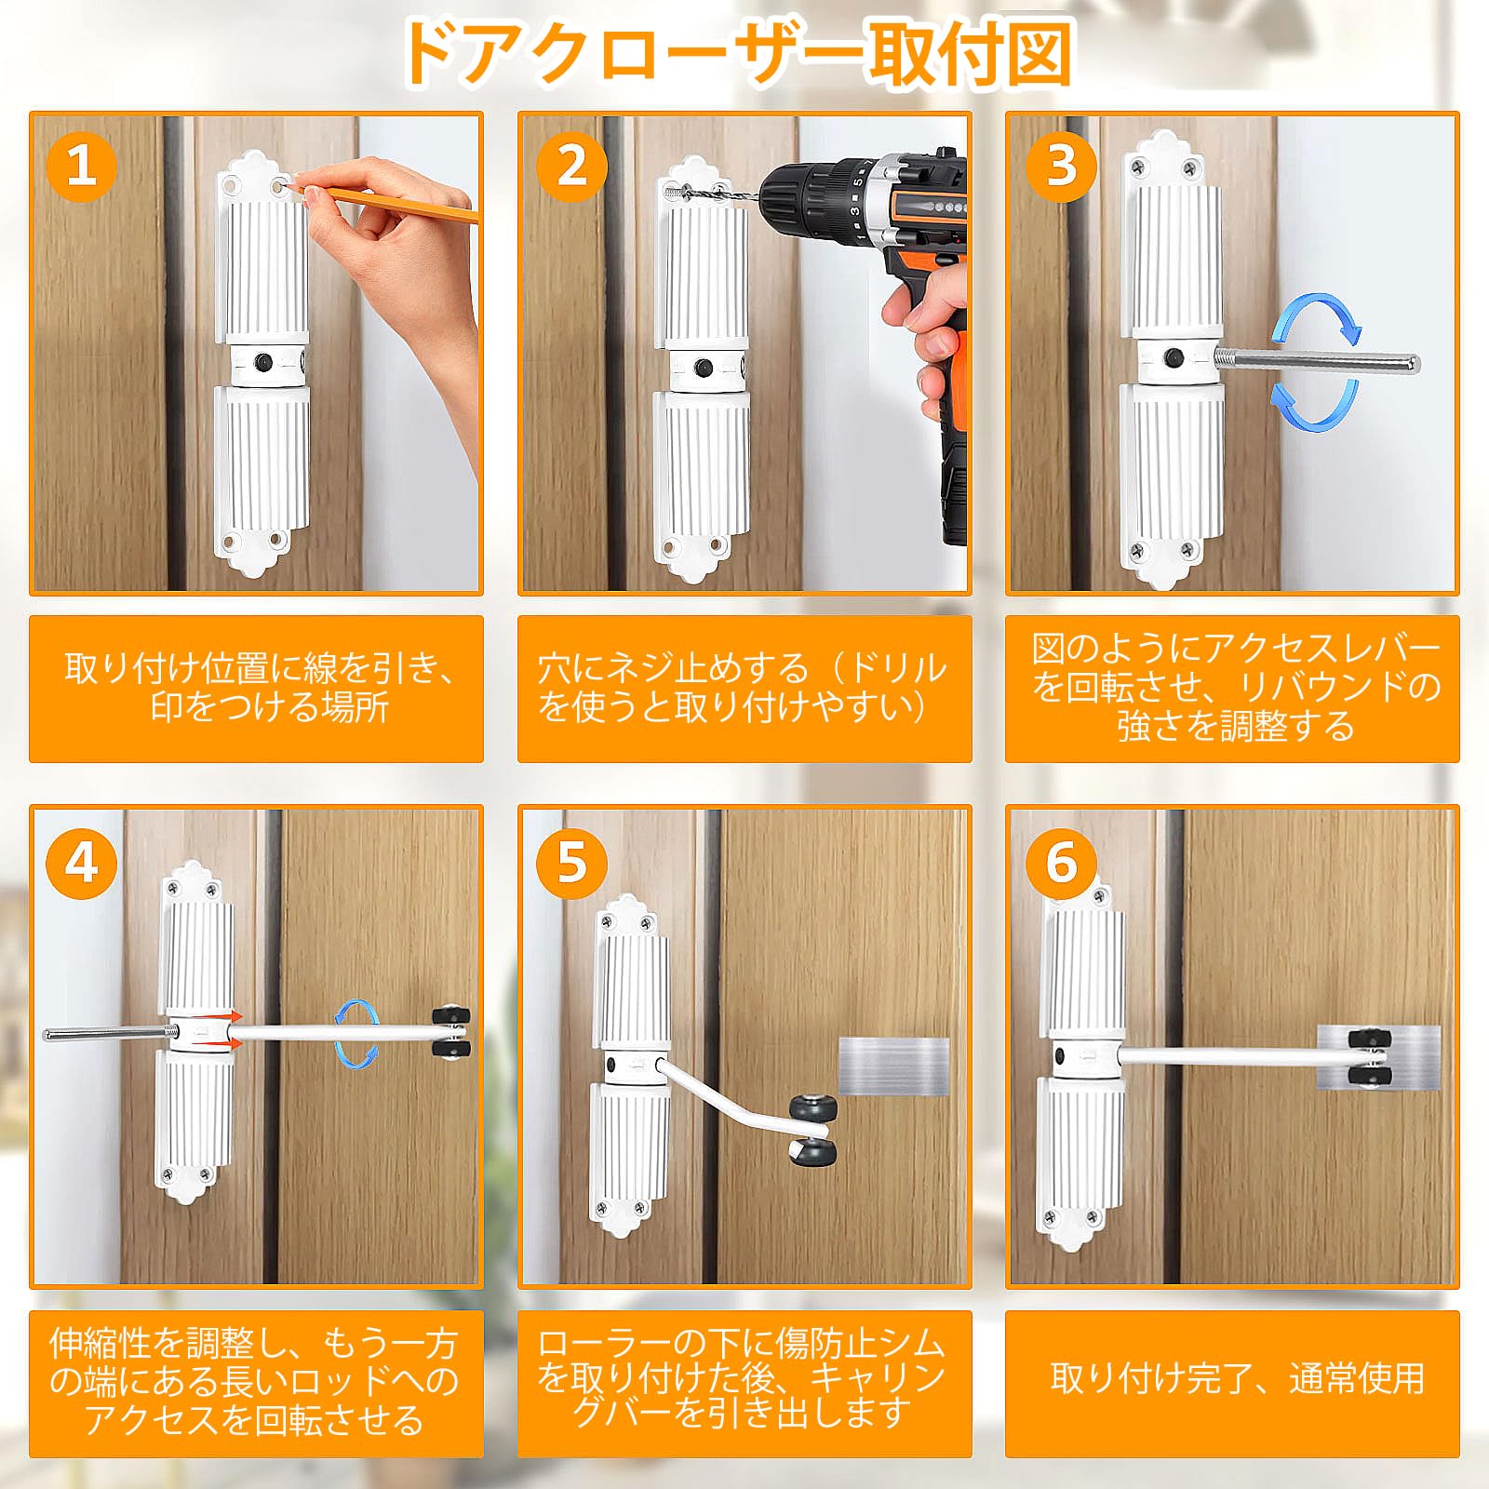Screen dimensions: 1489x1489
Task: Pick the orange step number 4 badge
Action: pos(82,863)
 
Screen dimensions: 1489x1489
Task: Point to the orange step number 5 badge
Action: pos(571,863)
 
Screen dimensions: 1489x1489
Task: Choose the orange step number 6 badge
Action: pos(1062,863)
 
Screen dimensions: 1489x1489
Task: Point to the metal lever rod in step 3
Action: pos(1317,363)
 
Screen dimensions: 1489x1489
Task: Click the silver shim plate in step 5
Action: pos(893,1066)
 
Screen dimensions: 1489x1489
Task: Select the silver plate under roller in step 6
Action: pos(1378,1057)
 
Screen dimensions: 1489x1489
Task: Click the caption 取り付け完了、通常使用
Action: pos(1237,1377)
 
